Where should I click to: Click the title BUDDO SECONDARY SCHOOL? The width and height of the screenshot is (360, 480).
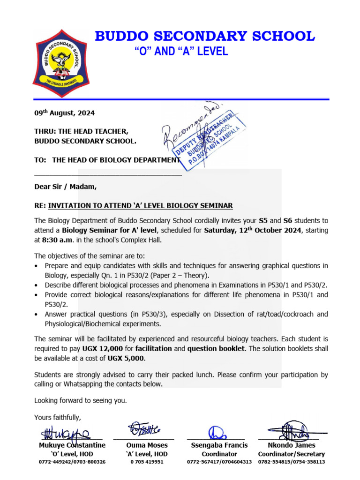tap(205, 36)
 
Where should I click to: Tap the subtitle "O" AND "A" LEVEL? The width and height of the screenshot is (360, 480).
tap(181, 52)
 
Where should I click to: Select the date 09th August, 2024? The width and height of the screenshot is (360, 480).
tap(64, 113)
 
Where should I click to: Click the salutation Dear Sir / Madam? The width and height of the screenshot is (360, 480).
tap(65, 187)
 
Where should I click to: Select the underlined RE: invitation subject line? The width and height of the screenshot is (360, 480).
tap(133, 206)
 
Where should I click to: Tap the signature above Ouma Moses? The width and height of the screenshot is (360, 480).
tap(144, 429)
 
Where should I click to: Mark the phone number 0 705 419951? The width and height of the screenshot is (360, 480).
tap(147, 462)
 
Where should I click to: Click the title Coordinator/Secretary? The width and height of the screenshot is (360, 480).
tap(291, 454)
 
